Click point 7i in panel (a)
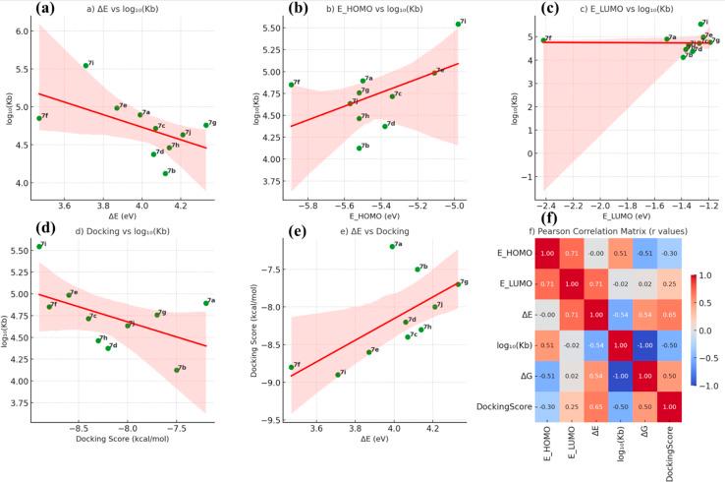[x=85, y=65]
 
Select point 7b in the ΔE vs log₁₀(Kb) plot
[x=165, y=173]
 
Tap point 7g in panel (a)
[x=205, y=125]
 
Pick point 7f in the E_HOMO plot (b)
[x=291, y=85]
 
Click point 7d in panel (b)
[x=385, y=126]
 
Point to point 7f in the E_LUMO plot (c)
[x=542, y=40]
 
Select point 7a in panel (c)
[x=665, y=39]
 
